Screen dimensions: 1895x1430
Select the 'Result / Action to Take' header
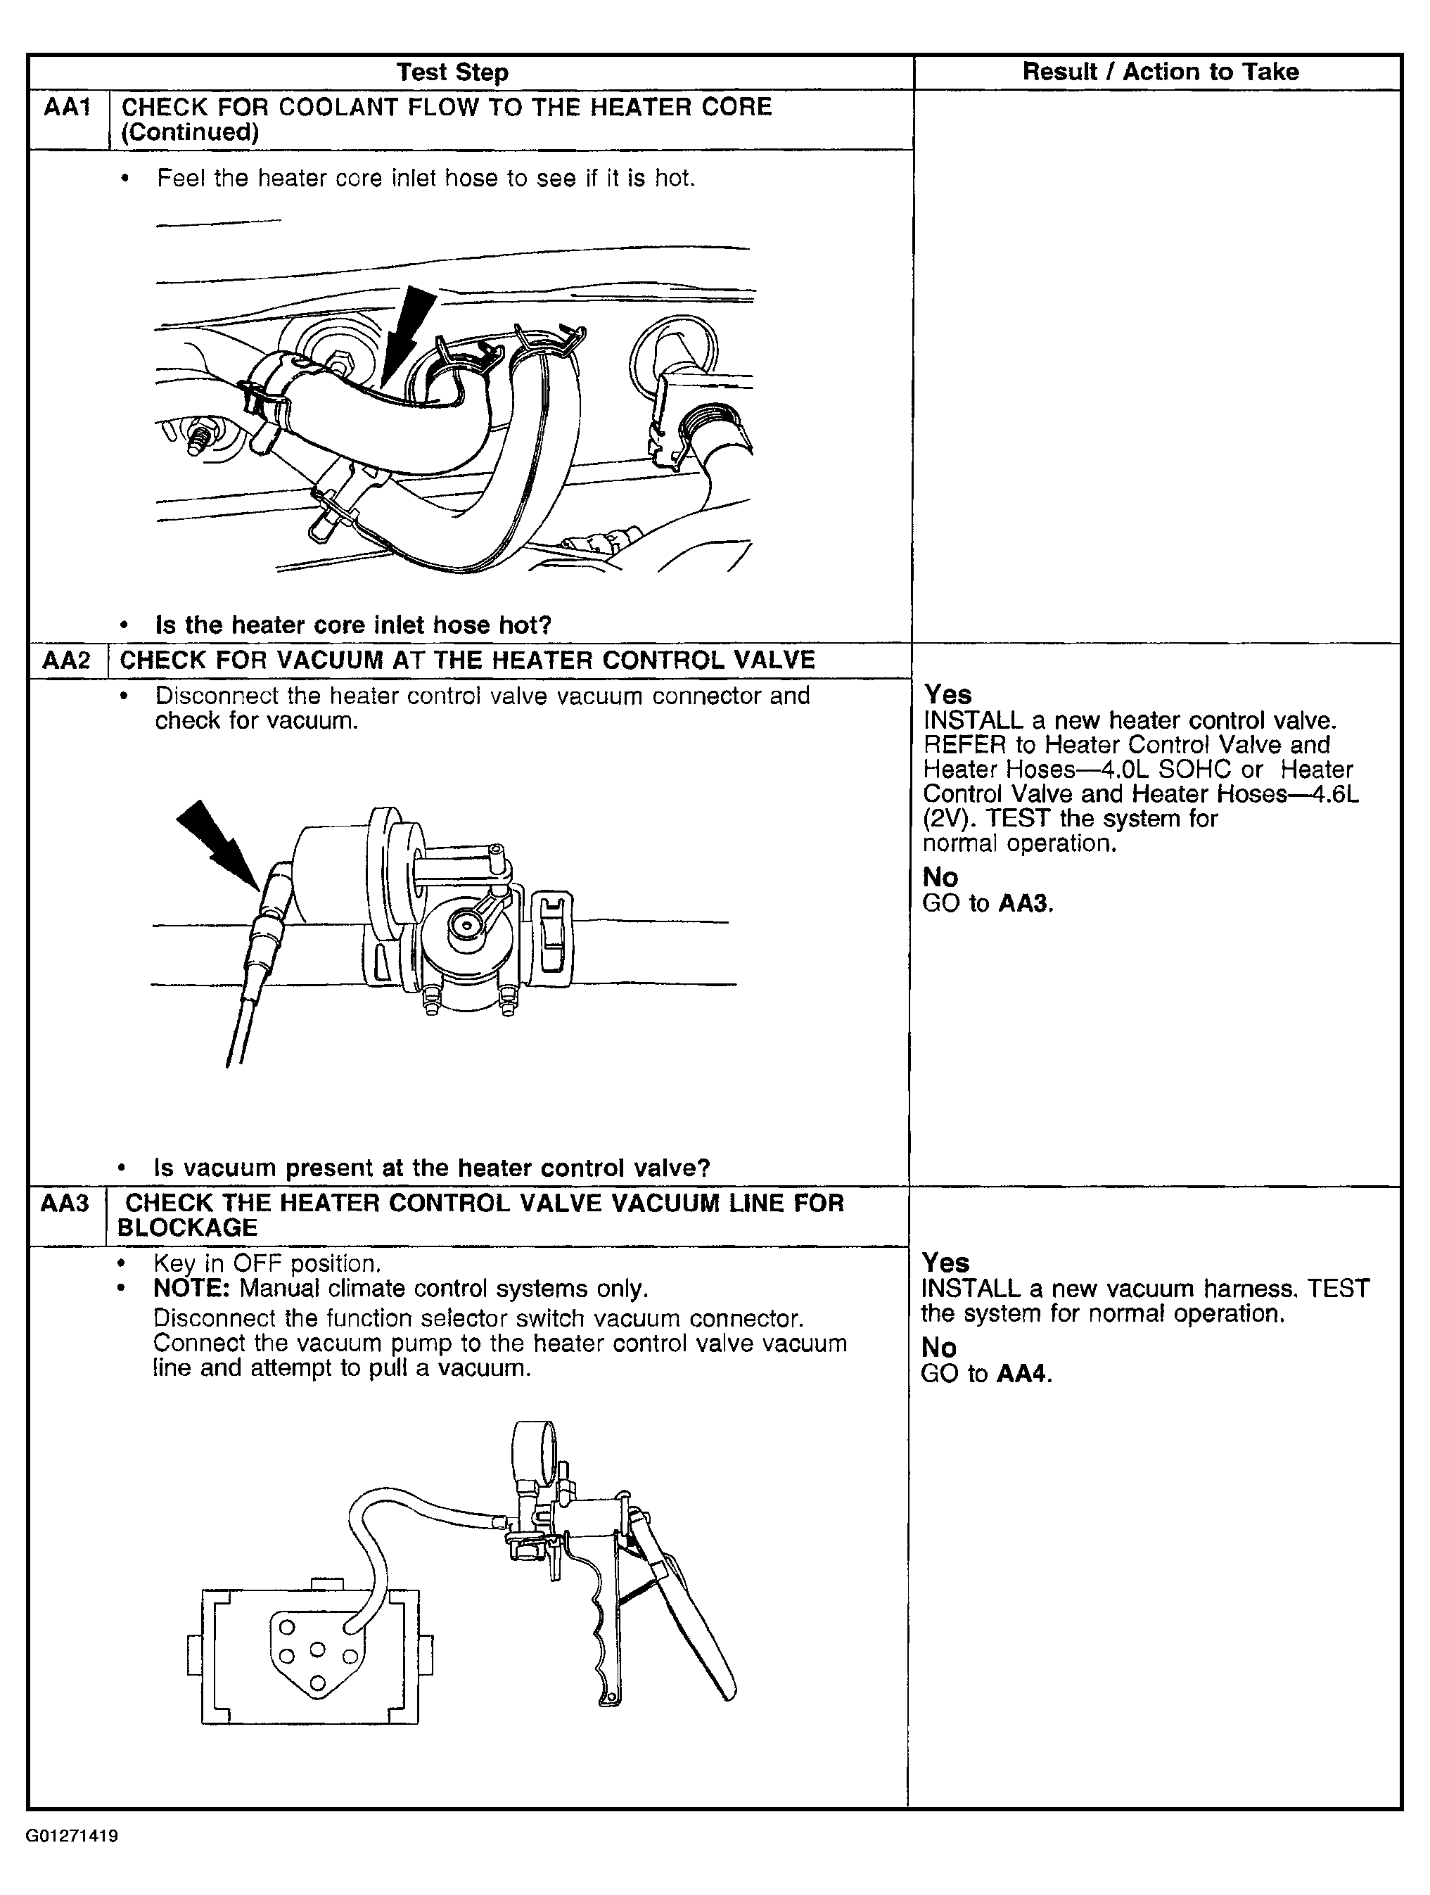(x=1160, y=72)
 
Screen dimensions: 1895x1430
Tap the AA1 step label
(x=68, y=108)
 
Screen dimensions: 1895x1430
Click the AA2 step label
(x=66, y=661)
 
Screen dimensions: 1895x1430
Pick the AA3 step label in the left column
(x=65, y=1203)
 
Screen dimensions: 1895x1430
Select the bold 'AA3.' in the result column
(x=1026, y=903)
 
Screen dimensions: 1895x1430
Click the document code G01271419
(x=71, y=1836)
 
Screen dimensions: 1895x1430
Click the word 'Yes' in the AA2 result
(x=947, y=694)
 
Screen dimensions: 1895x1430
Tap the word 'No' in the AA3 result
(x=938, y=1348)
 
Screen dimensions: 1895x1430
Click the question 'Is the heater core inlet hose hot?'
(x=353, y=625)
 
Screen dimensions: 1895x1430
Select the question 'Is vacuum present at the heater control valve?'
(x=432, y=1168)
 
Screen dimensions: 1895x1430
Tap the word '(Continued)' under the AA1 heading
(x=190, y=132)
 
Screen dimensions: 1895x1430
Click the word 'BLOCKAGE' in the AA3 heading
(x=187, y=1227)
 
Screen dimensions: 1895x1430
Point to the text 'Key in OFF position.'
(x=267, y=1263)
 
